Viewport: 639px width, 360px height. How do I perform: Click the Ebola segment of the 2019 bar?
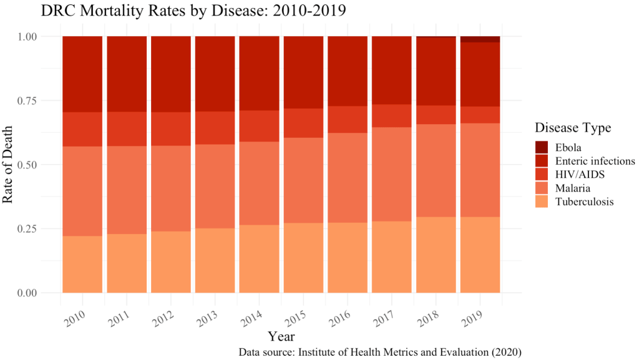click(x=480, y=39)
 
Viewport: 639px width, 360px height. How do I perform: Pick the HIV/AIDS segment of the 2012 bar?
click(x=171, y=129)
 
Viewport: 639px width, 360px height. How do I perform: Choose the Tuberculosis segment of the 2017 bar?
click(x=392, y=256)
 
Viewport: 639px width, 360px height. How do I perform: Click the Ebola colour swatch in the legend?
click(x=541, y=147)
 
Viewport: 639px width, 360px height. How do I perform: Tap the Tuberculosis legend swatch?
click(x=541, y=202)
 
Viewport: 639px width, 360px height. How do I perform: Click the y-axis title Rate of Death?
click(x=9, y=165)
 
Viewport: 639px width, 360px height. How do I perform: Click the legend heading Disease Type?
click(x=572, y=127)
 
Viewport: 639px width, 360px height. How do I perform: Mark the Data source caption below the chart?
click(x=379, y=352)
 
